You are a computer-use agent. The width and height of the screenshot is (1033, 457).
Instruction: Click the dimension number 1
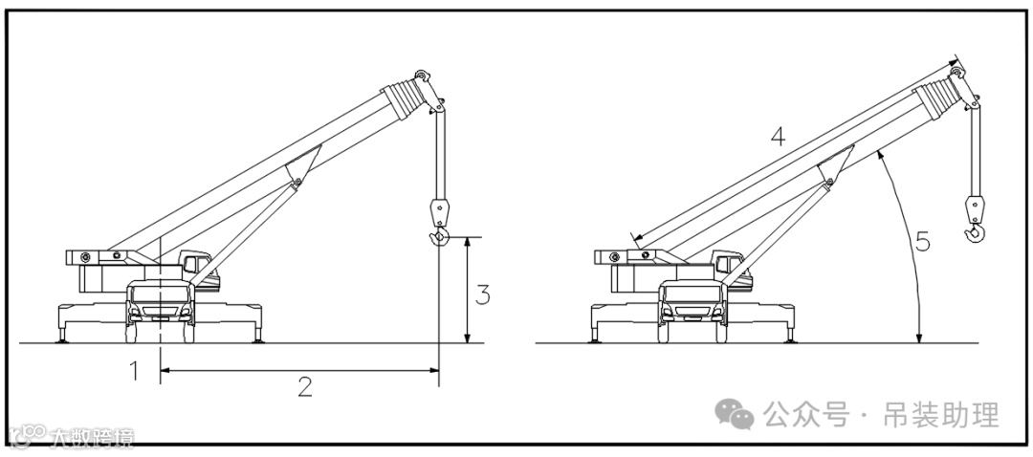[135, 370]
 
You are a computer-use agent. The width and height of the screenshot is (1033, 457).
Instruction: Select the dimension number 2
[304, 386]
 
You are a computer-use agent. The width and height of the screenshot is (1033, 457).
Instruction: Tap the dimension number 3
[483, 295]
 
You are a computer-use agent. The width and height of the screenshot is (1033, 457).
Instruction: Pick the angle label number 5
[922, 242]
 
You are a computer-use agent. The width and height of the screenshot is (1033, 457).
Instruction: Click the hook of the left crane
[439, 237]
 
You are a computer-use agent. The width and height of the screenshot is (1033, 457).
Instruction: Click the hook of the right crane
[976, 231]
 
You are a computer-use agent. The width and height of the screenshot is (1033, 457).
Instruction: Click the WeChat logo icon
[736, 415]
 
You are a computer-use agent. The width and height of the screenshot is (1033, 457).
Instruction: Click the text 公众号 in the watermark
[806, 415]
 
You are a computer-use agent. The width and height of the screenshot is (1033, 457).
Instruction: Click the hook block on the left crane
[439, 210]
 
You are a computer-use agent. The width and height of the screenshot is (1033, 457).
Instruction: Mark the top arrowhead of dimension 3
[466, 241]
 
